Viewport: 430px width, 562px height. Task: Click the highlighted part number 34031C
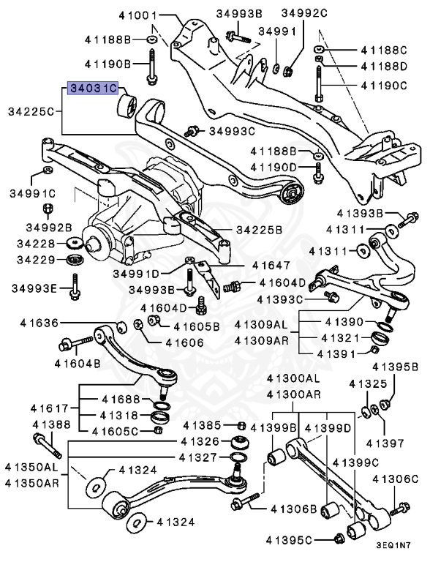pyautogui.click(x=93, y=89)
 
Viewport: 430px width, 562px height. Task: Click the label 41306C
pyautogui.click(x=395, y=479)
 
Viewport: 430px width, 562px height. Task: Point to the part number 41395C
pyautogui.click(x=301, y=540)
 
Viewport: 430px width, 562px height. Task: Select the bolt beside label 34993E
pyautogui.click(x=75, y=287)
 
